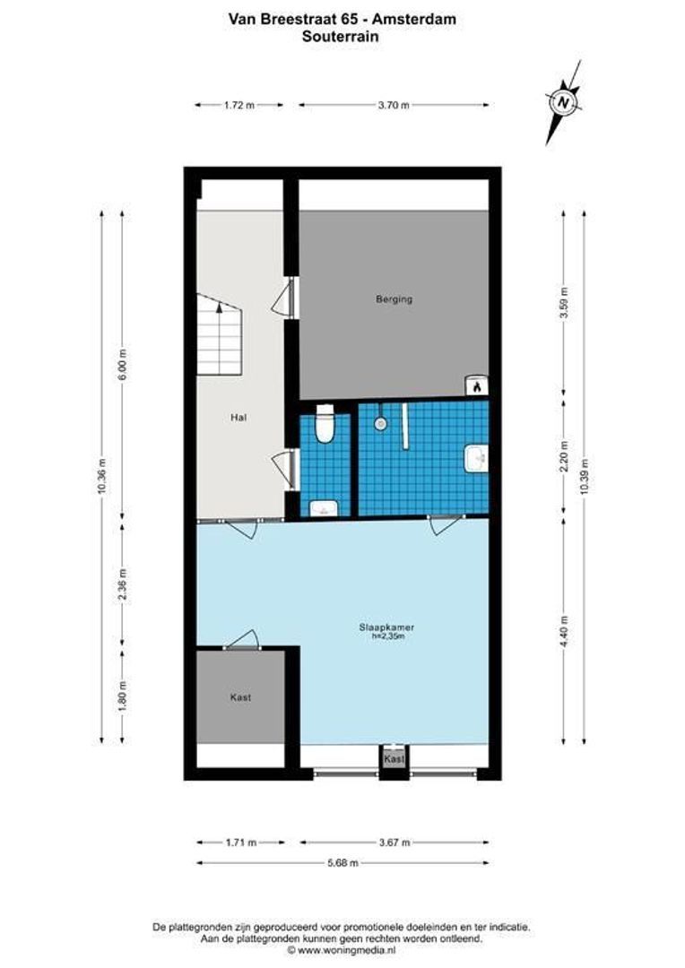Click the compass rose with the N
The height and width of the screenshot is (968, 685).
pos(563,102)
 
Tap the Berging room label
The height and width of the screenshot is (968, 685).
pos(394,299)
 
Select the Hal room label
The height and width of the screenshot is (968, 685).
pos(238,417)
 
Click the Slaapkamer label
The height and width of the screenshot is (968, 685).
pos(395,628)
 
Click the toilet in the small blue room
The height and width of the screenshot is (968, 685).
pos(325,424)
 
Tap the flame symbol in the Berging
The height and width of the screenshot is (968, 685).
pos(479,386)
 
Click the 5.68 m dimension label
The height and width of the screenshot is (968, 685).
pos(342,863)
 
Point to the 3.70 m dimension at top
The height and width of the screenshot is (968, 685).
pos(394,105)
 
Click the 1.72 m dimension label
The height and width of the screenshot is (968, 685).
pos(238,105)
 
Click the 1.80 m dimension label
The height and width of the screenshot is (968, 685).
pos(123,696)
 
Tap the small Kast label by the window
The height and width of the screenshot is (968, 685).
pos(394,759)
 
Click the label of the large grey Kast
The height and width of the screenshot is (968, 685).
pos(239,696)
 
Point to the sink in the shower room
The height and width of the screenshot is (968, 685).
pos(477,458)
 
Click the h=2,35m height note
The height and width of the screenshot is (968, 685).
pos(395,638)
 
